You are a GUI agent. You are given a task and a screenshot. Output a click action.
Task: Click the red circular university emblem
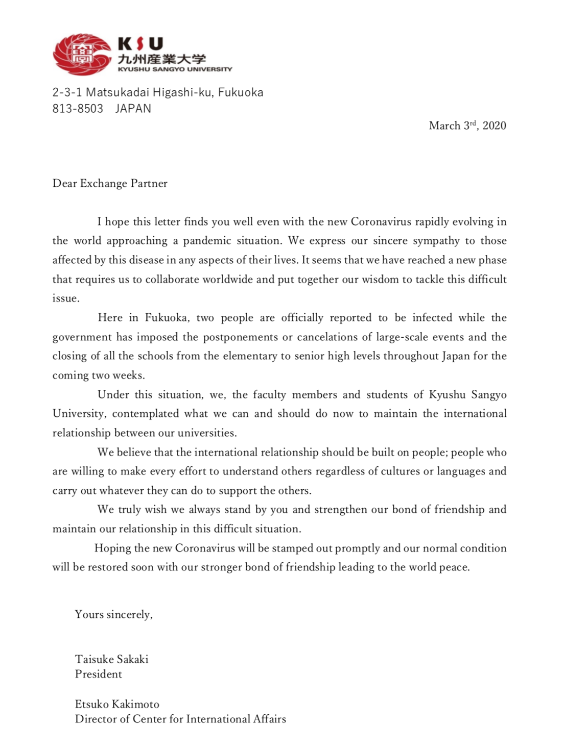coord(82,54)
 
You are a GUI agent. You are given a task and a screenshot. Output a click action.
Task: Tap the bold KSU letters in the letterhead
coord(140,44)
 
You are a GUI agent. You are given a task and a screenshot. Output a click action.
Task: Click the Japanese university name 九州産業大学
coord(162,59)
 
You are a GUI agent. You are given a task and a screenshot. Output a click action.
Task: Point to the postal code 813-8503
coord(78,109)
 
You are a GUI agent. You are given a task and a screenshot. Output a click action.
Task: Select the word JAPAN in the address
coord(133,109)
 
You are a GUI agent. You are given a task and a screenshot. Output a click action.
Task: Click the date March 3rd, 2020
coord(467,125)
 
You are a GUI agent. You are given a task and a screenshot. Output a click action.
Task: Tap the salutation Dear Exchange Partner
coord(110,184)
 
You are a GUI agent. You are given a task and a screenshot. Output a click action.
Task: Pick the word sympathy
coord(436,241)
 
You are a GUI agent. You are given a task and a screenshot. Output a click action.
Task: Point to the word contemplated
coord(146,413)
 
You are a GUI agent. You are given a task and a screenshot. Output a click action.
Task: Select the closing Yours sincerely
coord(113,614)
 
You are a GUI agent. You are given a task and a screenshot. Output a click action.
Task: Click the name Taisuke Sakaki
coord(112,659)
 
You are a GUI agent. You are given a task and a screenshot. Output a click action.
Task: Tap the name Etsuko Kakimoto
coord(117,704)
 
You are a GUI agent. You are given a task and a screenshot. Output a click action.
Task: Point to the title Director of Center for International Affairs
coord(180,719)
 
